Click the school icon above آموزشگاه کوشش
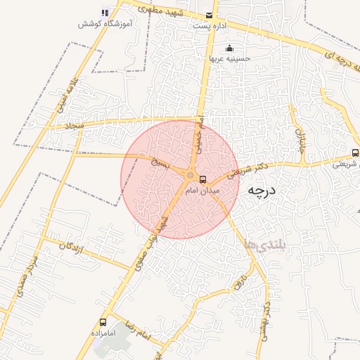[105, 13]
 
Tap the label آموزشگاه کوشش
[105, 24]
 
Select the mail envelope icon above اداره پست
[209, 15]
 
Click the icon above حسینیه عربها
[229, 49]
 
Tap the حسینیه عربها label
[229, 59]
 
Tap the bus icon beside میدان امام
[203, 179]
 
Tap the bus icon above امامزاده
[104, 321]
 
